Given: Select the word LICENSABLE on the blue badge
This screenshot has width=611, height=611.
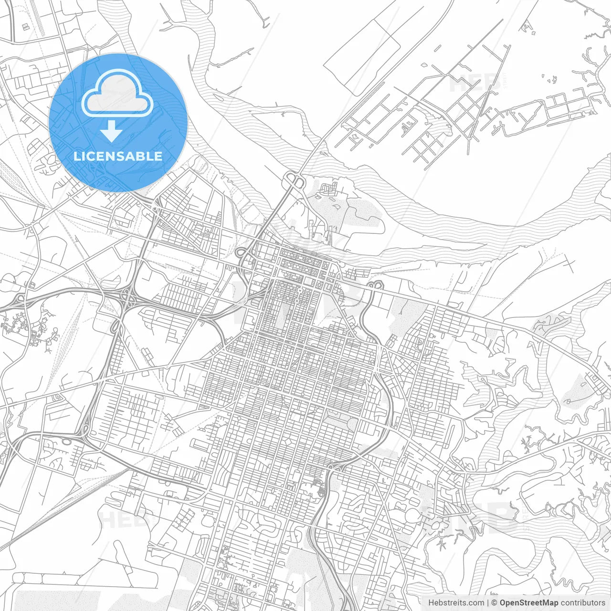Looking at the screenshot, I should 118,156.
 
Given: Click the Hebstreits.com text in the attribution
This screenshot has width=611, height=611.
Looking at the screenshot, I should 456,603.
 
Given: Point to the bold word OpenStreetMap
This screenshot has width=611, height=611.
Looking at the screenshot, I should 529,603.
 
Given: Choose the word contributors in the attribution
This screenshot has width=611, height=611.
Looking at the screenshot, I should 583,603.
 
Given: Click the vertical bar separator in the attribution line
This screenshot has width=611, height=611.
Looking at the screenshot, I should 488,603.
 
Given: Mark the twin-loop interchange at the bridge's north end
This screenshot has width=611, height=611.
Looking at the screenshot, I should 295,181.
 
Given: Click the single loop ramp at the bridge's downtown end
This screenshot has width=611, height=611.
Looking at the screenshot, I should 242,253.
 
